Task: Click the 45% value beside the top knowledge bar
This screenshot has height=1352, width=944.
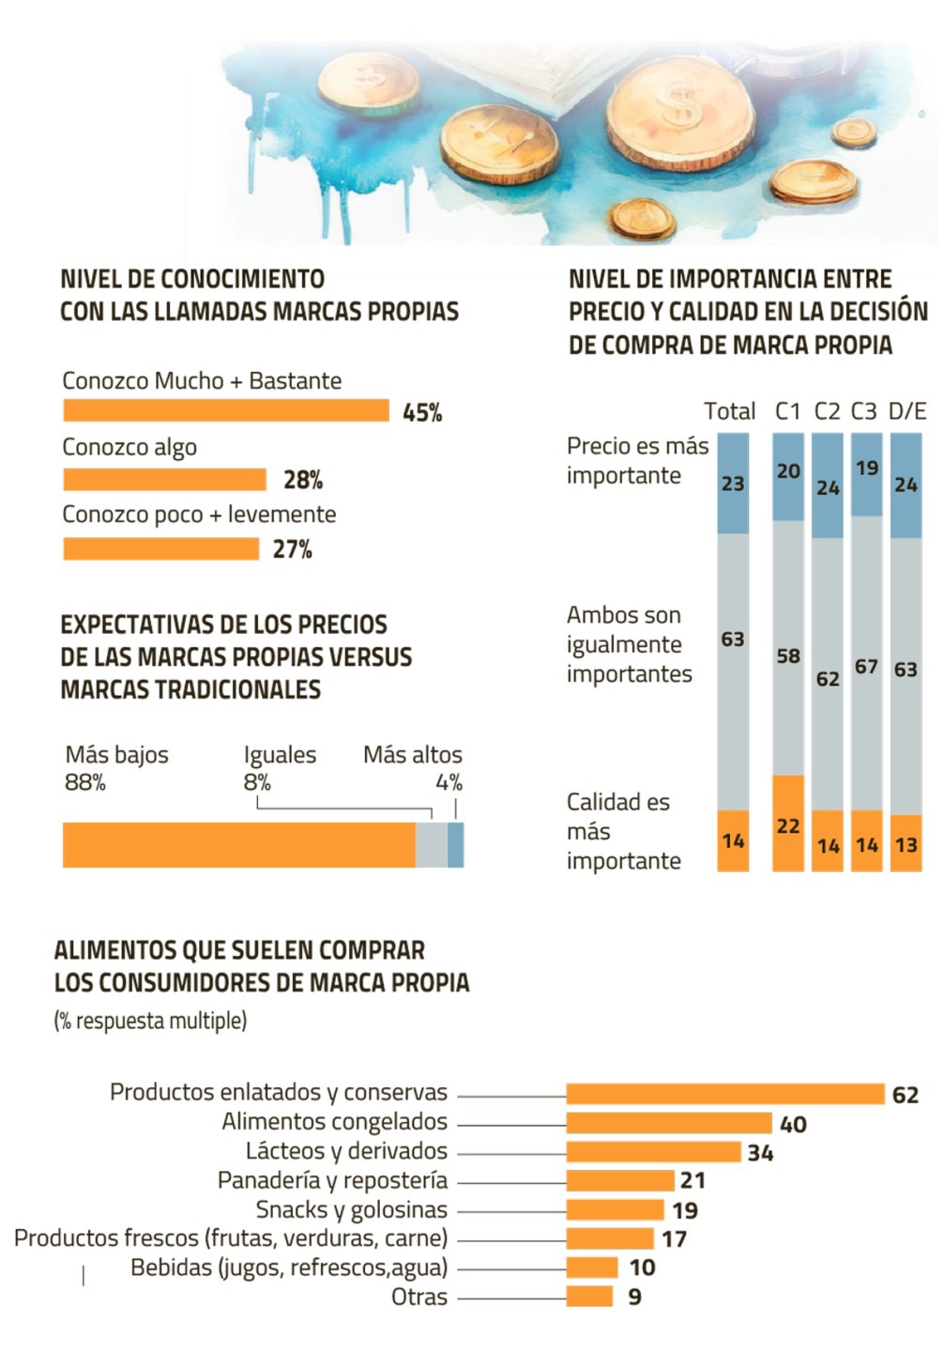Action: (422, 412)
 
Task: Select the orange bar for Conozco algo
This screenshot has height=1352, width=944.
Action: (165, 480)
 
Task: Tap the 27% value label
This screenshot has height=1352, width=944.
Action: (292, 549)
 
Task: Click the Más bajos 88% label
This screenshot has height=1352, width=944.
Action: (116, 768)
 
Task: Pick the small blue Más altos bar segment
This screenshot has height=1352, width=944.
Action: (455, 844)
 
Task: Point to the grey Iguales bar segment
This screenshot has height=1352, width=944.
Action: (431, 844)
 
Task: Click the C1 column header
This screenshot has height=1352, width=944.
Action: (788, 411)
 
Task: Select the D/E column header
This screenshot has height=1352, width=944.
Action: (906, 411)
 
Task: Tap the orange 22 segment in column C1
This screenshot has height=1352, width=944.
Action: (788, 823)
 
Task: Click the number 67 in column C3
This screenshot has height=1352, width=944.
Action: (866, 667)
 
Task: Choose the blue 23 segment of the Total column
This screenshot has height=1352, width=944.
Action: (733, 483)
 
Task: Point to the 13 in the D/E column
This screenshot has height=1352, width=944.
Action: (906, 844)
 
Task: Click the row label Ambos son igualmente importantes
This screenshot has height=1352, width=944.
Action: (629, 644)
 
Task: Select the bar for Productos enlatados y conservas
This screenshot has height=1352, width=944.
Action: (725, 1094)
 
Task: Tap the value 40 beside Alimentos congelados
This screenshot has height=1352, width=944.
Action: (793, 1124)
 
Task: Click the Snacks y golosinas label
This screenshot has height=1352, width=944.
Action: (352, 1209)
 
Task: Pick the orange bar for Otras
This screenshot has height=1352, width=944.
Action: (589, 1297)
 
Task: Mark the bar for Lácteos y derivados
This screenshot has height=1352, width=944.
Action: (653, 1152)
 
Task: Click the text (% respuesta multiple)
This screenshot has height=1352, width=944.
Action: (150, 1021)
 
